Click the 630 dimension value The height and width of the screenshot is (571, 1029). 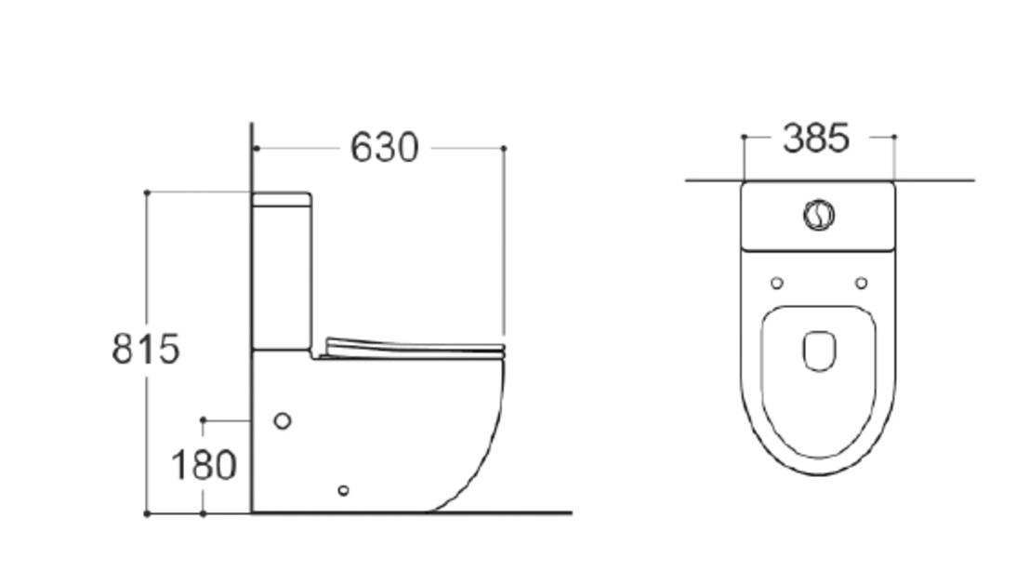click(x=384, y=148)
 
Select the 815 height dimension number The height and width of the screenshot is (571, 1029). click(x=145, y=350)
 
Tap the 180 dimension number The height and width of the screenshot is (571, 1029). click(x=204, y=465)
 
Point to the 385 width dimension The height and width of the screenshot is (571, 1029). click(x=816, y=139)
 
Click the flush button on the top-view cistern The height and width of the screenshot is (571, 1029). click(x=818, y=215)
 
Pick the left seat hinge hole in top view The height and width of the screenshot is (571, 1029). click(x=777, y=283)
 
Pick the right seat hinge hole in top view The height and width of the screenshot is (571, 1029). click(x=861, y=283)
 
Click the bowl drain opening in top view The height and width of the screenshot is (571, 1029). click(x=818, y=352)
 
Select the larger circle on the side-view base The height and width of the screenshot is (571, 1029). click(x=283, y=420)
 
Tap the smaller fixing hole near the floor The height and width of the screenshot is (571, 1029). click(x=343, y=490)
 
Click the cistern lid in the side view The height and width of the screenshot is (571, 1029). click(x=282, y=198)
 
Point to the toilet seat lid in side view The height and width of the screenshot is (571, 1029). click(x=414, y=348)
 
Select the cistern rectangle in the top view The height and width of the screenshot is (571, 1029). click(x=818, y=217)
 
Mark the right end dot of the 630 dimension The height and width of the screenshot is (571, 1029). click(x=504, y=148)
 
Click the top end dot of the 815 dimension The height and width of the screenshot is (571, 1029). click(x=147, y=193)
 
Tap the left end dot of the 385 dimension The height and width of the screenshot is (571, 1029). click(x=744, y=137)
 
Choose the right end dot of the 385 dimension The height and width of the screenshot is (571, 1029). click(x=894, y=137)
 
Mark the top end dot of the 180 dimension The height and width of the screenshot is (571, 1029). click(x=204, y=420)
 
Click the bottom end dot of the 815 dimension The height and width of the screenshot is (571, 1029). click(x=147, y=512)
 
